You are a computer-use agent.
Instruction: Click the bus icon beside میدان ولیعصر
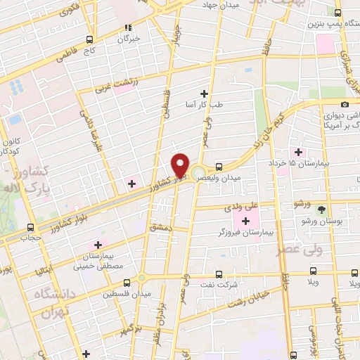(220, 167)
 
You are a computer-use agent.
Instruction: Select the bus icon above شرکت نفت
(219, 274)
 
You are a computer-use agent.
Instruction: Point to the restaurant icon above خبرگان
(128, 28)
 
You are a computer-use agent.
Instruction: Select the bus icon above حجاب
(30, 228)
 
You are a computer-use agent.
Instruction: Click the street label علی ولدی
(236, 207)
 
